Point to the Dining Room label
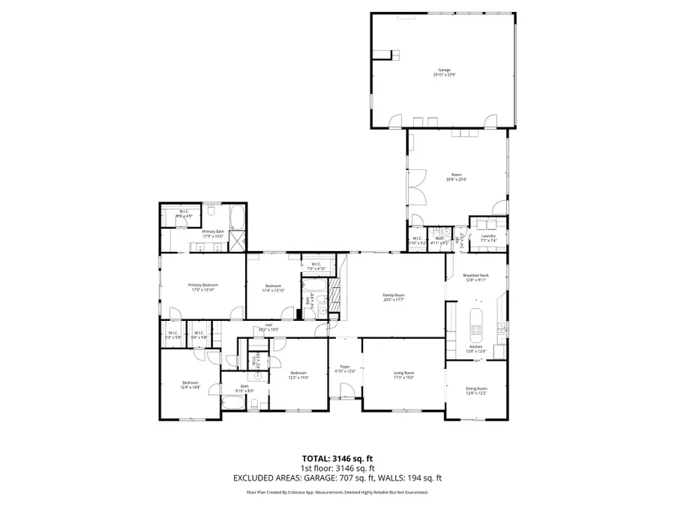click(x=477, y=388)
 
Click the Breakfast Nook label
click(x=475, y=276)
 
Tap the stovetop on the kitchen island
click(x=475, y=327)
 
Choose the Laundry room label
click(x=488, y=235)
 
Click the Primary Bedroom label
click(x=202, y=285)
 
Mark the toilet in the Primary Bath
click(x=211, y=210)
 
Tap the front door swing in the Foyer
click(x=346, y=390)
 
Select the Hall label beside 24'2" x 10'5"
click(x=268, y=325)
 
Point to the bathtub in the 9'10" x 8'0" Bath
click(x=232, y=403)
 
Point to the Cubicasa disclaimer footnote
click(x=337, y=493)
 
